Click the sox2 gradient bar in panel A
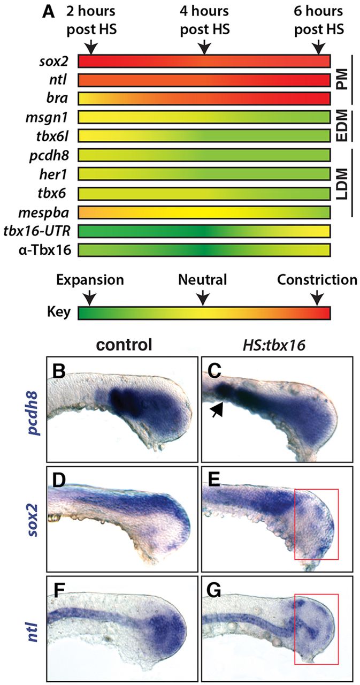point(204,62)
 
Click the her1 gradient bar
point(204,174)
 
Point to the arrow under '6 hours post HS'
point(319,48)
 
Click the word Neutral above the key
point(203,279)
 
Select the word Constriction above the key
point(317,279)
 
